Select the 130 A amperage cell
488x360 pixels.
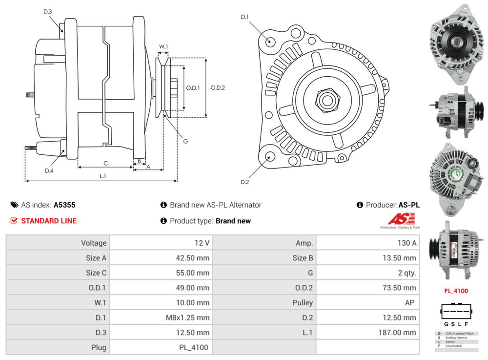[x=407, y=243]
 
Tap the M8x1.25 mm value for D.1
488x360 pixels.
[x=187, y=318]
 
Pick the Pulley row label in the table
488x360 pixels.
[x=303, y=302]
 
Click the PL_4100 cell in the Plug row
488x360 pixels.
[x=193, y=348]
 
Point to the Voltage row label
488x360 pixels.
[x=94, y=243]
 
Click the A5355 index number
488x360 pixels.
[x=64, y=205]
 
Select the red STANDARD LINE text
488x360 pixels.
[x=48, y=221]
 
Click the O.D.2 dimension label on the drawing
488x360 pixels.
[x=218, y=88]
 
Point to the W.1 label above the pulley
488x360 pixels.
[x=163, y=47]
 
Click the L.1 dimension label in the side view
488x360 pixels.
[x=103, y=176]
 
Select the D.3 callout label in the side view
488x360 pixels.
[x=47, y=11]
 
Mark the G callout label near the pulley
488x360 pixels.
[x=185, y=141]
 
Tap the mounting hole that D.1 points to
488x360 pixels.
[x=269, y=41]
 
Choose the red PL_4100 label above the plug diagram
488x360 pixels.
[x=455, y=291]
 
